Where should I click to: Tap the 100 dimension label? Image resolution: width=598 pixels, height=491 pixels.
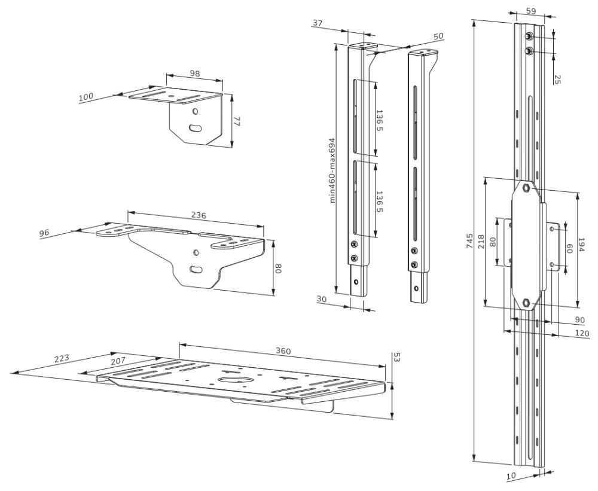[x=87, y=97]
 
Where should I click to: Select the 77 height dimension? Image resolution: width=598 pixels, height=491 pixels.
[x=237, y=121]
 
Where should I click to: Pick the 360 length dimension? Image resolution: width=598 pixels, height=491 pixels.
[x=283, y=351]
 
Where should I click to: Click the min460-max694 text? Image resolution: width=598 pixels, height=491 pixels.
[x=332, y=171]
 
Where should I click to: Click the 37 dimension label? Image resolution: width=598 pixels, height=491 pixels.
[x=317, y=23]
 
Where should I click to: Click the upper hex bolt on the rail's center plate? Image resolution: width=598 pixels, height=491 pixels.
[x=524, y=188]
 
